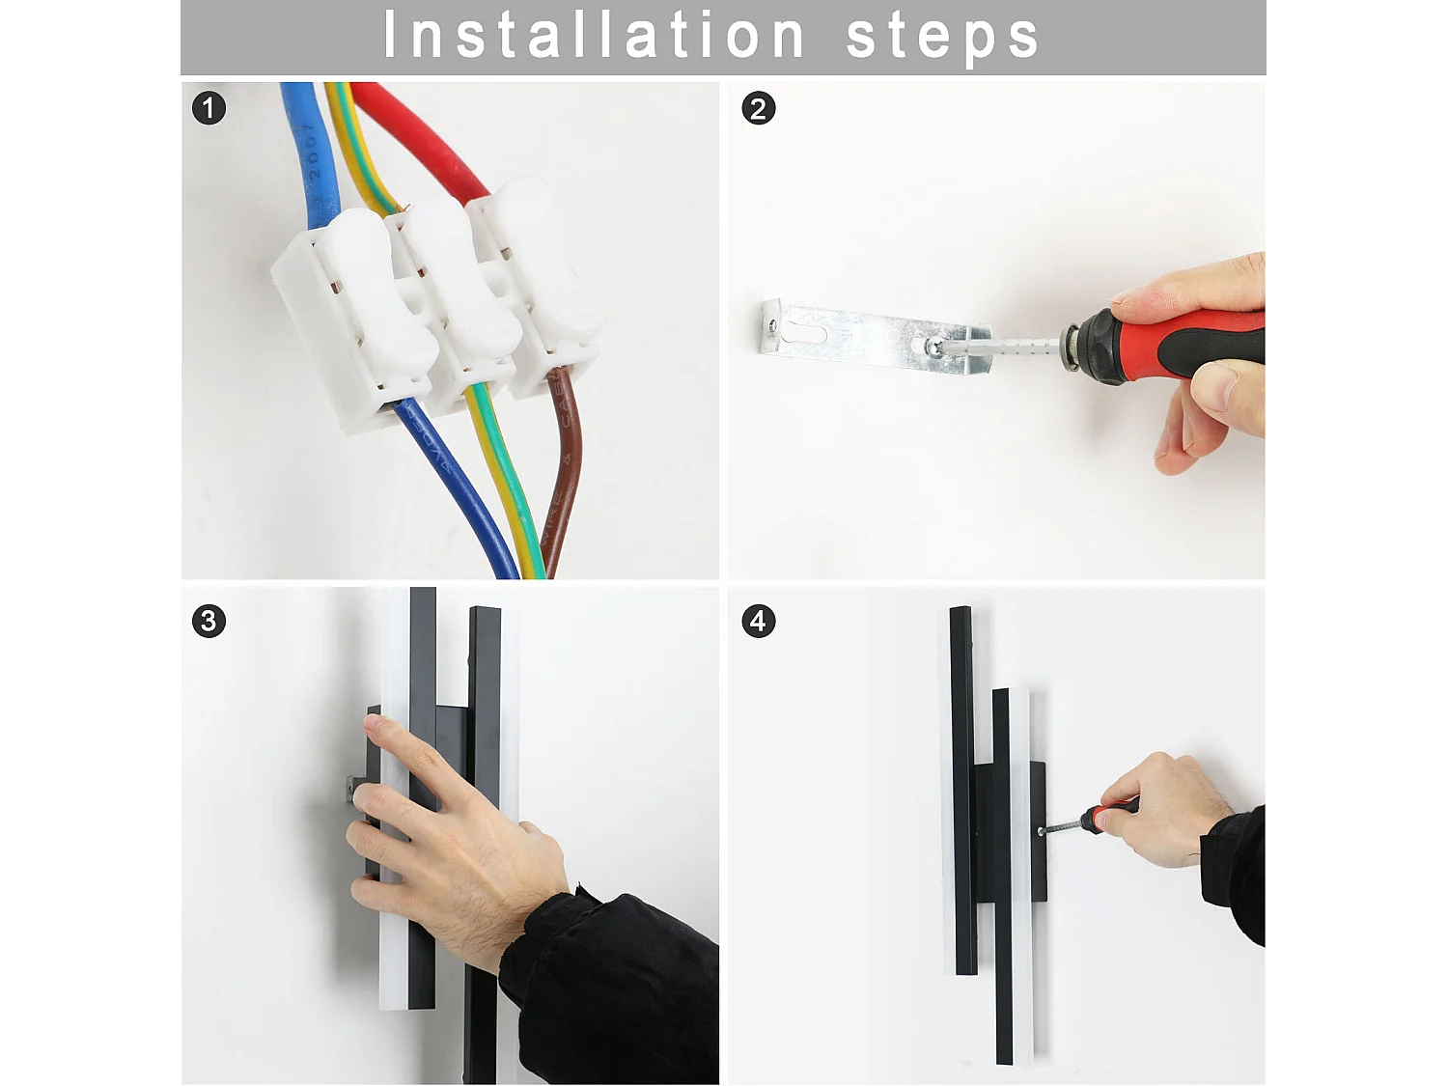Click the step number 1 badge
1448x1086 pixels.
[x=209, y=107]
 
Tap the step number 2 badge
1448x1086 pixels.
[x=758, y=108]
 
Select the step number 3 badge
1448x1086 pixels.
[x=209, y=621]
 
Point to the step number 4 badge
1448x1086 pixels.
[x=758, y=621]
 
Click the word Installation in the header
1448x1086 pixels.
[x=594, y=36]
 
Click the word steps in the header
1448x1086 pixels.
[x=942, y=37]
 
